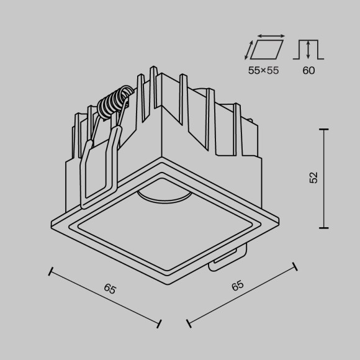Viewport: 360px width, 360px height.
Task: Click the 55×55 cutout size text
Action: (263, 71)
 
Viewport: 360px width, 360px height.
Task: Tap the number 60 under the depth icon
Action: (308, 71)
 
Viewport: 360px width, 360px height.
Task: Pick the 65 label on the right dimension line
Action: (238, 287)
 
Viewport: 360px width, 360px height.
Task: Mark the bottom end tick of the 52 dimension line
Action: (324, 228)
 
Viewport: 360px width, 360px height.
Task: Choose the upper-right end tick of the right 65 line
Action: (294, 266)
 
